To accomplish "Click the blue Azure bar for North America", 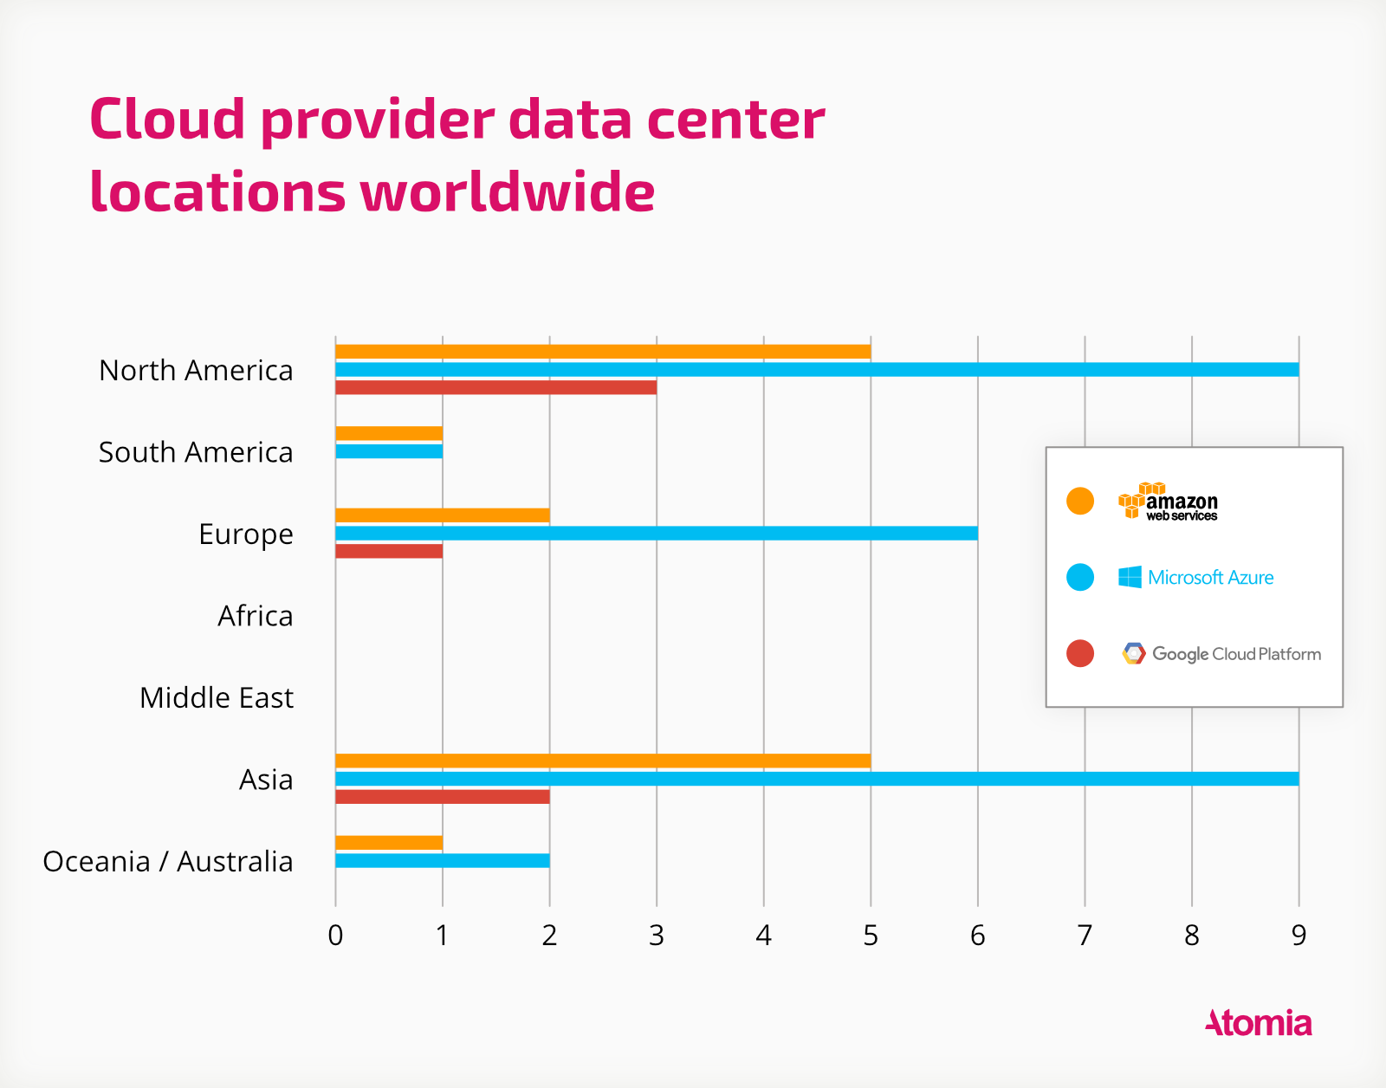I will [x=817, y=370].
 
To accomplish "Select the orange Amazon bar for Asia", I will [x=603, y=761].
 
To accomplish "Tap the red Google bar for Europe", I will [x=389, y=551].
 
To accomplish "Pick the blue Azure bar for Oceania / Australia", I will [x=443, y=860].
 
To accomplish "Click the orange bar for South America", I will [x=389, y=433].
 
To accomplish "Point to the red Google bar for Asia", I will [x=443, y=797].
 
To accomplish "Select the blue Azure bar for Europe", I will [x=657, y=533].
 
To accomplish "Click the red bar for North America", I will [x=495, y=387].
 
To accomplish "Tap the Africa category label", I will [x=256, y=616].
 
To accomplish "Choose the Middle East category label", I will [x=217, y=697].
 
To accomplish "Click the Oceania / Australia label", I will [x=168, y=861].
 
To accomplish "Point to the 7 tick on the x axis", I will [x=1085, y=936].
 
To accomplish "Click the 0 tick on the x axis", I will [x=336, y=936].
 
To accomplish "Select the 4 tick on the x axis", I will [x=763, y=936].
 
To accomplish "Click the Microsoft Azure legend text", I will [x=1210, y=578].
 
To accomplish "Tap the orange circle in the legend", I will [x=1080, y=502].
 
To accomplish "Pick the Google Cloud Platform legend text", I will [x=1236, y=654].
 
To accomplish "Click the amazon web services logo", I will [x=1169, y=502].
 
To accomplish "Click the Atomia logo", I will [x=1258, y=1023].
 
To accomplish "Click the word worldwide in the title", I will [x=508, y=192].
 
